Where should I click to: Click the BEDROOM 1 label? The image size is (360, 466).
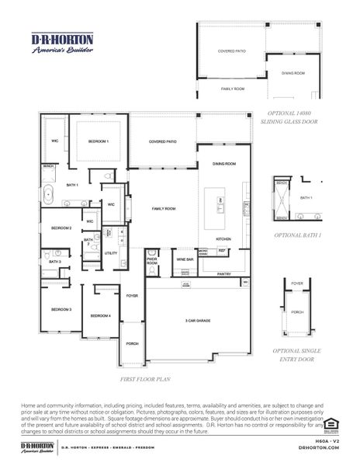pos(98,141)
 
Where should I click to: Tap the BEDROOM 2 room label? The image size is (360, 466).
pos(61,228)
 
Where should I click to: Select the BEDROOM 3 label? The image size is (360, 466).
pos(61,309)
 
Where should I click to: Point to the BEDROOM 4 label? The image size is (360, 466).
pos(100,315)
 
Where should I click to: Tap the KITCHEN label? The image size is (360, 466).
pos(223,238)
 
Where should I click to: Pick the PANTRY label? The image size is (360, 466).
pos(224,273)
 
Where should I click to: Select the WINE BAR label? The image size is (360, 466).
pos(185,259)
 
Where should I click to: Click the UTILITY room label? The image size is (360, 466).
pos(111,253)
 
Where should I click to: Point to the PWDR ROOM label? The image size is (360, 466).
pos(152,263)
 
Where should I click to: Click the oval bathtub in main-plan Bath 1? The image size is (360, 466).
pos(48,194)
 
